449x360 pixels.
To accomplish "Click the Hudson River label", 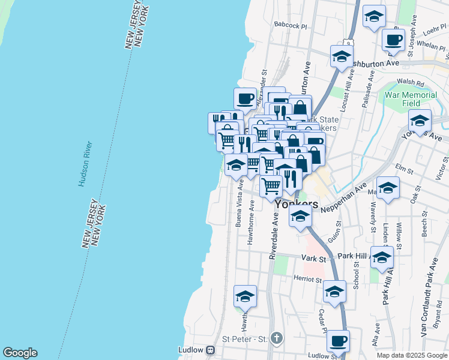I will pos(85,164).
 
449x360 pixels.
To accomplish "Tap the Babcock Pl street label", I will pos(291,26).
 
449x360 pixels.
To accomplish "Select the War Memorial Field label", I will pos(411,99).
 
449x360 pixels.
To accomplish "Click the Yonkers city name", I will pos(297,205).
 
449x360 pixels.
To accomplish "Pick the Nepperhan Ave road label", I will pos(343,199).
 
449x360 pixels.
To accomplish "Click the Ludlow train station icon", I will pos(210,350).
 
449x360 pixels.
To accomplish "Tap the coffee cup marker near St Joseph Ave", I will pos(393,40).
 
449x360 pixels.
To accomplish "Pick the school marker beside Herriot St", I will pos(335,292).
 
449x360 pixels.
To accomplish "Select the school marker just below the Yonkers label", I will pos(300,218).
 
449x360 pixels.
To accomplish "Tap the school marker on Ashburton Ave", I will pos(342,58).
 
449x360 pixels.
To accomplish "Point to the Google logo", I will pos(20,353).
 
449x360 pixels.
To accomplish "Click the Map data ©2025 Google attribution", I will pos(411,355).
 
